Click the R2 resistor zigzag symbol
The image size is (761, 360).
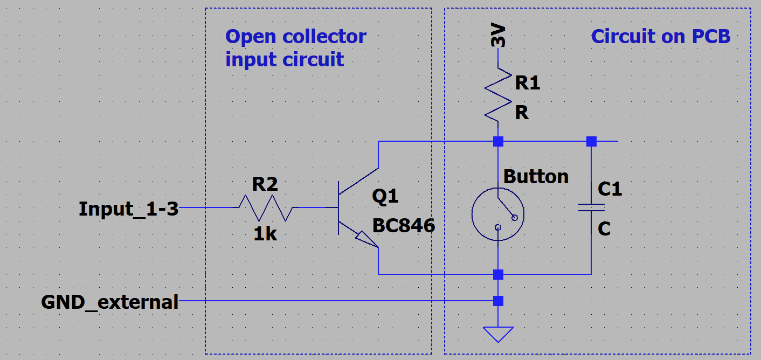[266, 207]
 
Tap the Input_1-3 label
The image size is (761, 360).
[128, 209]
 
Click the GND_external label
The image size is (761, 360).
[110, 302]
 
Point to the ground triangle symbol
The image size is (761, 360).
[498, 334]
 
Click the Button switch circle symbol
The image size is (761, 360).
[498, 214]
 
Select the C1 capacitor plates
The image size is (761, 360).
[591, 207]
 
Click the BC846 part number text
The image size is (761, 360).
[403, 225]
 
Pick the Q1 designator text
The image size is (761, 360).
[385, 196]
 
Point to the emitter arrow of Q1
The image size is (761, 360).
[366, 239]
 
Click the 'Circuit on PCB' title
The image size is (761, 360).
[661, 37]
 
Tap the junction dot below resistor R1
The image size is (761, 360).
[498, 142]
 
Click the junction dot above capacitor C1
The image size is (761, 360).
[591, 142]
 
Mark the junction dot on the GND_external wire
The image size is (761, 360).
[498, 301]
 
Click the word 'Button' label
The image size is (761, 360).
[536, 177]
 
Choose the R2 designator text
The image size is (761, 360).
[265, 184]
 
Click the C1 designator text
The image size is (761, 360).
[610, 189]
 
